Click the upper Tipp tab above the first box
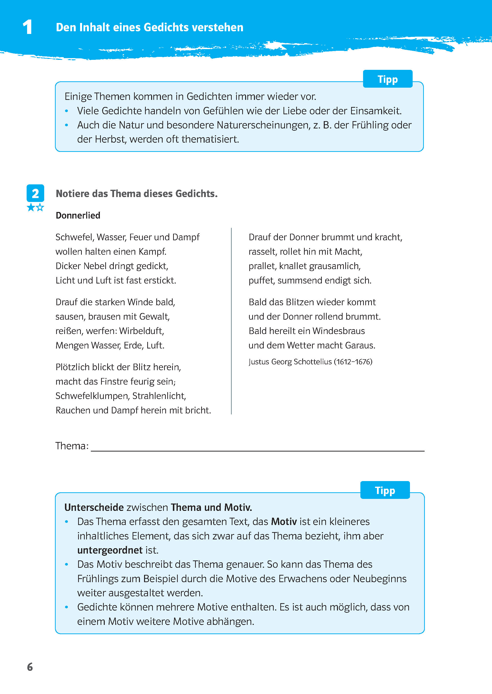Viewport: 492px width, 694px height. pyautogui.click(x=387, y=79)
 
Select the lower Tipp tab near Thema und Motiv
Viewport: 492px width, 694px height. pyautogui.click(x=385, y=490)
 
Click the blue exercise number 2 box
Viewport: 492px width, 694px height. pyautogui.click(x=35, y=193)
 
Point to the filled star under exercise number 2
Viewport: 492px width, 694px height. pyautogui.click(x=31, y=208)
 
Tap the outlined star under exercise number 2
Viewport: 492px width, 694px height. pyautogui.click(x=40, y=208)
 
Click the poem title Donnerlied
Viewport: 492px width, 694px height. pyautogui.click(x=78, y=215)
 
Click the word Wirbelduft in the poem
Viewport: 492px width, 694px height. pyautogui.click(x=141, y=331)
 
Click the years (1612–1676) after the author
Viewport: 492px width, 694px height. pyautogui.click(x=353, y=362)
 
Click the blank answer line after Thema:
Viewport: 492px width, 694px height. pyautogui.click(x=258, y=447)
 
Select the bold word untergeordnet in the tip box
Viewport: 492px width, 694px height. pyautogui.click(x=110, y=550)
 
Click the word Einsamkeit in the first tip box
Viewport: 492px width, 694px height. pyautogui.click(x=376, y=111)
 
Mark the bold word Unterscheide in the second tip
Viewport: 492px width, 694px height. pyautogui.click(x=94, y=507)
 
